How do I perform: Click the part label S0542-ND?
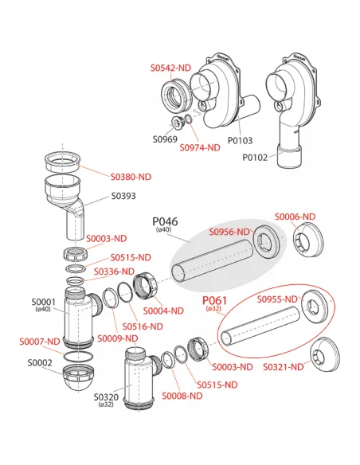(x=170, y=68)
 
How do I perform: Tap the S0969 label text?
(x=165, y=139)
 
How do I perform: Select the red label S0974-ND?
(x=200, y=147)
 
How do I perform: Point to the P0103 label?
(x=240, y=140)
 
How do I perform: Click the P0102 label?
(x=255, y=157)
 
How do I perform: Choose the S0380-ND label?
(x=131, y=177)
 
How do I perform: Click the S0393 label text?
(x=123, y=196)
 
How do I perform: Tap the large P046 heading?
(x=165, y=221)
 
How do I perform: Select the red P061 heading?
(x=214, y=300)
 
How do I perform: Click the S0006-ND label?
(x=295, y=217)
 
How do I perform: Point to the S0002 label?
(x=40, y=363)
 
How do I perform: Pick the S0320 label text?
(x=106, y=397)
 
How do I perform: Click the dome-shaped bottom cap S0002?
(x=78, y=378)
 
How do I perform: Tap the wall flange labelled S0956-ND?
(x=266, y=240)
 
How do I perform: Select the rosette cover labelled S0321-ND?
(x=325, y=354)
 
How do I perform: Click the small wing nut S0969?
(x=177, y=122)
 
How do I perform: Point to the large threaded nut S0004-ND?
(x=145, y=286)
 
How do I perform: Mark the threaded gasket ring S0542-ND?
(x=177, y=95)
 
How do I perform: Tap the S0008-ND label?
(x=182, y=396)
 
